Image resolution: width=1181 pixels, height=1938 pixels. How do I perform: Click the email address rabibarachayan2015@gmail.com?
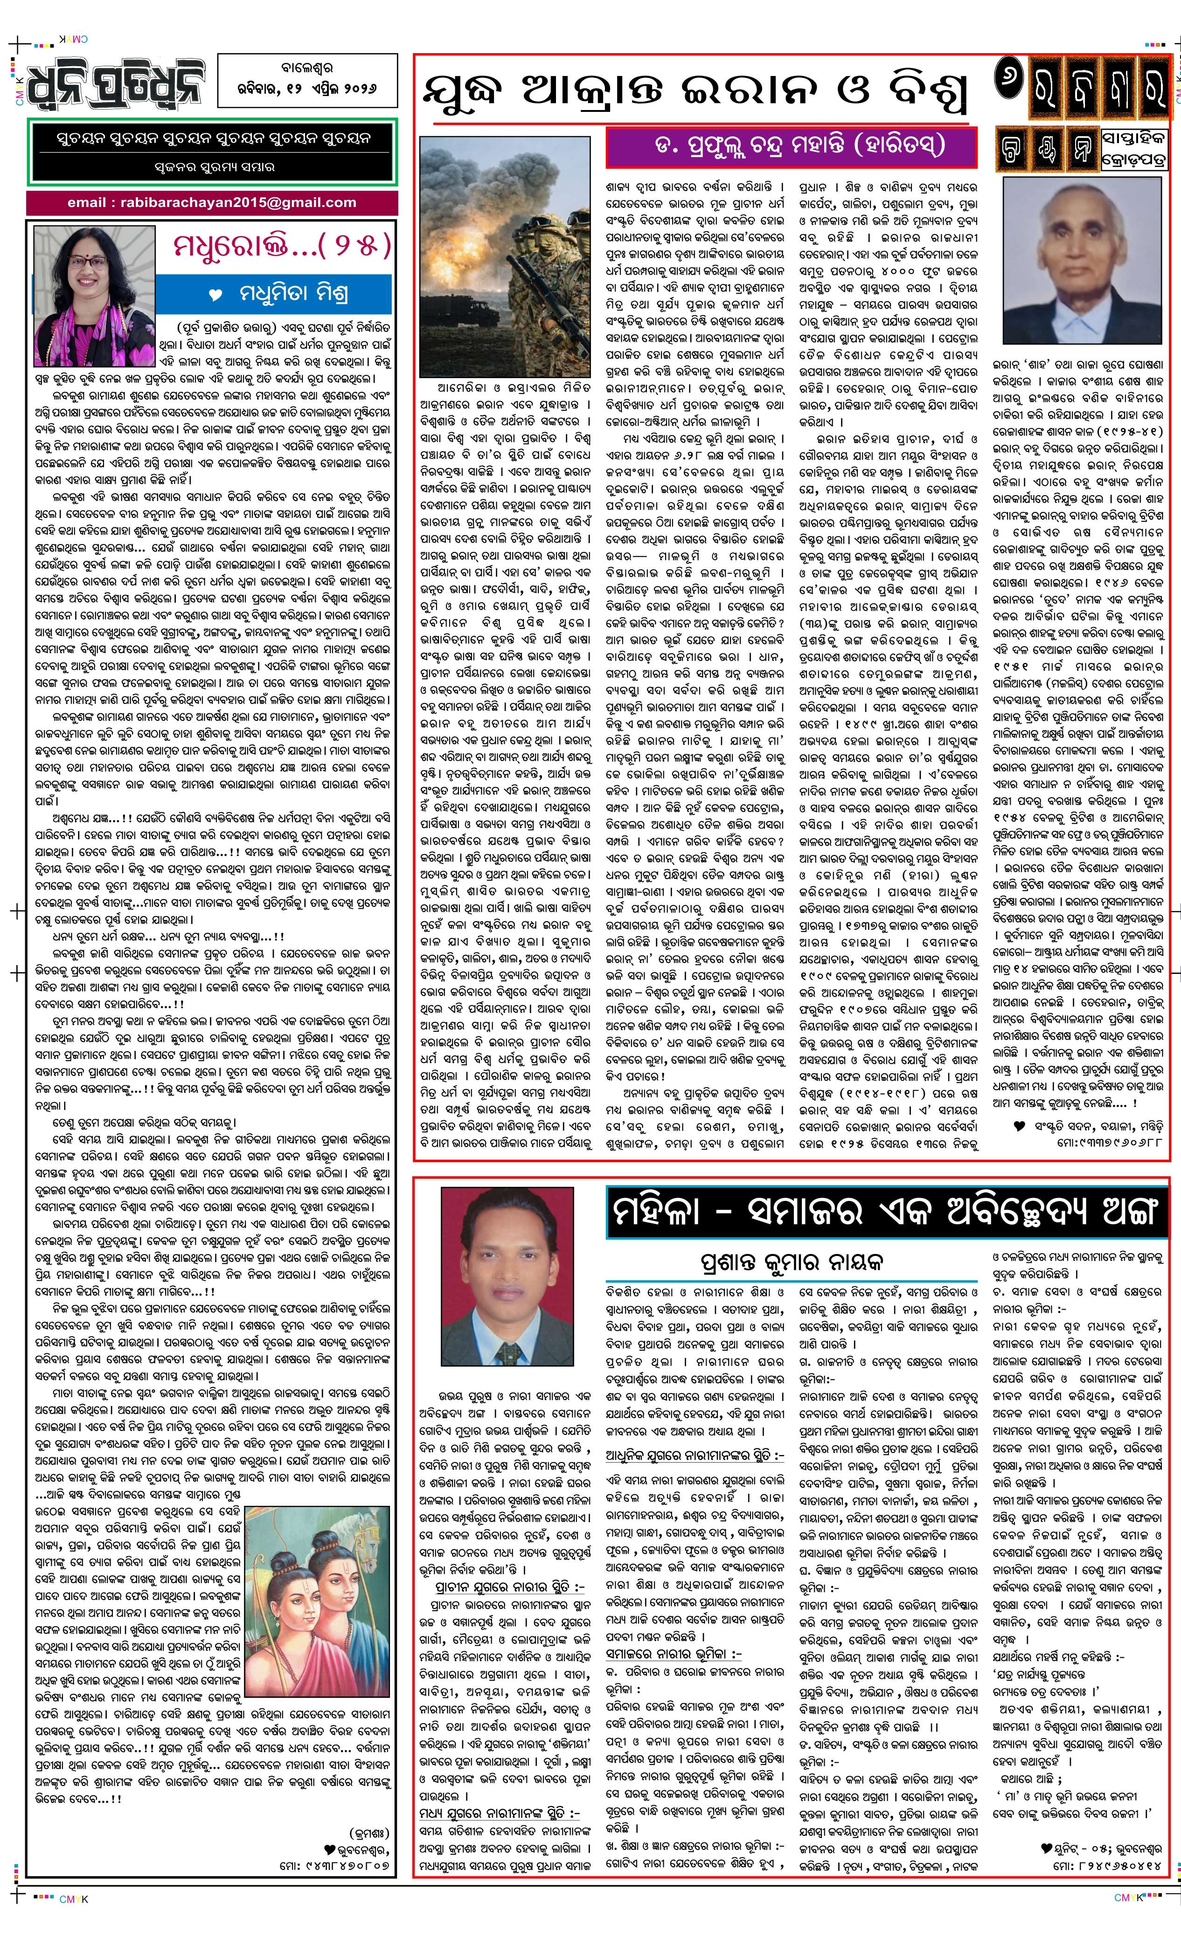212,203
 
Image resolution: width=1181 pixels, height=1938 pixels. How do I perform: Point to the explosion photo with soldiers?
505,257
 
